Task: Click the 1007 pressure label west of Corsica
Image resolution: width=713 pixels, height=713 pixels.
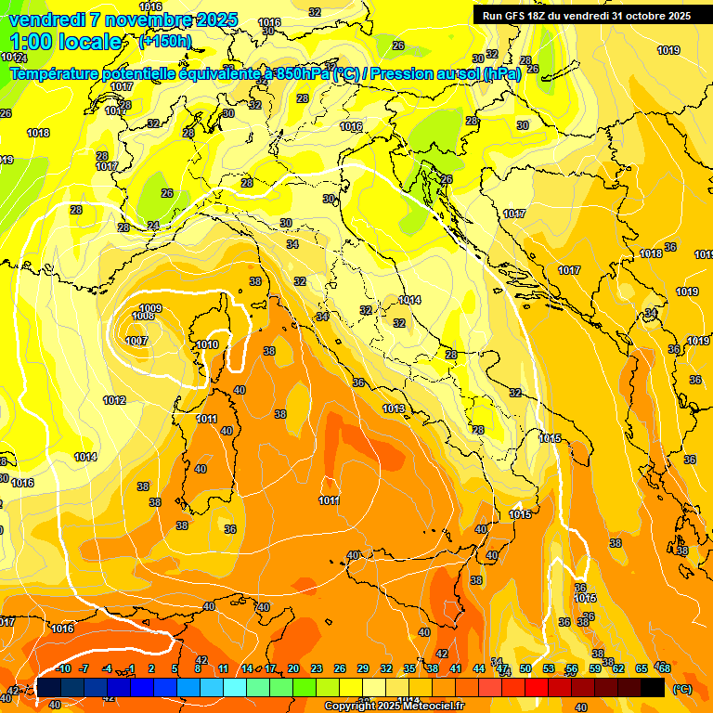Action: click(136, 341)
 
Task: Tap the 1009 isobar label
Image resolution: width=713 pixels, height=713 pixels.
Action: click(150, 308)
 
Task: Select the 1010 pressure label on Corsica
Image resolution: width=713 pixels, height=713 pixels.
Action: click(207, 344)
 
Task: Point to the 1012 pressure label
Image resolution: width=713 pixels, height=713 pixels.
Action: click(114, 400)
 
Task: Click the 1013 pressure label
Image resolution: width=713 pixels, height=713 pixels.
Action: click(394, 408)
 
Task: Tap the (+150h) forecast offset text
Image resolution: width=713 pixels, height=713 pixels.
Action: click(165, 42)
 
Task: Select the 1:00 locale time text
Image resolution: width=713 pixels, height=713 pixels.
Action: click(65, 42)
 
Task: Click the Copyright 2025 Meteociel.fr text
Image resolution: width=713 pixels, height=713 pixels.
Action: click(394, 707)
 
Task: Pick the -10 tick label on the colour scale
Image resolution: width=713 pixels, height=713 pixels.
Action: click(63, 668)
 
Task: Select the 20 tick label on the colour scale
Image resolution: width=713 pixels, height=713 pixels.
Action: click(293, 668)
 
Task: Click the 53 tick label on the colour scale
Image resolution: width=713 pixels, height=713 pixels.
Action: click(549, 668)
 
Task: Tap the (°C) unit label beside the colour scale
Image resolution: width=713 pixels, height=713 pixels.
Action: click(681, 689)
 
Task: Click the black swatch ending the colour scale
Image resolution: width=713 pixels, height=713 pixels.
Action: click(653, 687)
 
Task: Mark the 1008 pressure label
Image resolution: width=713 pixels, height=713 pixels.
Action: click(142, 317)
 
